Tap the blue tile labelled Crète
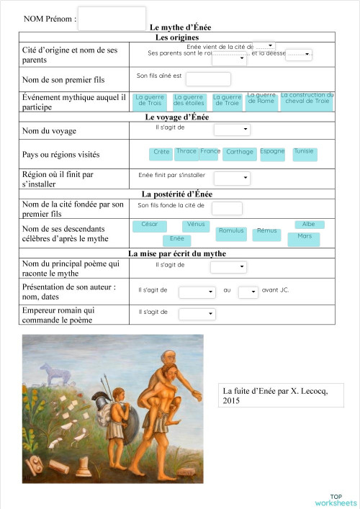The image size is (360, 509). click(x=161, y=153)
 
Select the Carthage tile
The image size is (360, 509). click(x=239, y=153)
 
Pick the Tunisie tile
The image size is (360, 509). click(x=304, y=153)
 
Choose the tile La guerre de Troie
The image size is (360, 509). click(x=227, y=102)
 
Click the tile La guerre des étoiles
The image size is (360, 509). click(x=189, y=102)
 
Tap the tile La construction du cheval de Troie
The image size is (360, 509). click(x=307, y=100)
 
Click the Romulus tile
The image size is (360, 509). click(x=231, y=233)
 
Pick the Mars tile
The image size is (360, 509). click(x=305, y=238)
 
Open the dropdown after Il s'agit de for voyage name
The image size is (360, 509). click(x=232, y=130)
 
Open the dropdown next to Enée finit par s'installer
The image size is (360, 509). click(x=232, y=178)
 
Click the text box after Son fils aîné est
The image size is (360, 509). click(x=208, y=78)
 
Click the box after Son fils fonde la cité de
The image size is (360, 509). click(x=227, y=208)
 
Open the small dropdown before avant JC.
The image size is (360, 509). click(x=248, y=292)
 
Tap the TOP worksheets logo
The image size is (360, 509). click(x=336, y=499)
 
